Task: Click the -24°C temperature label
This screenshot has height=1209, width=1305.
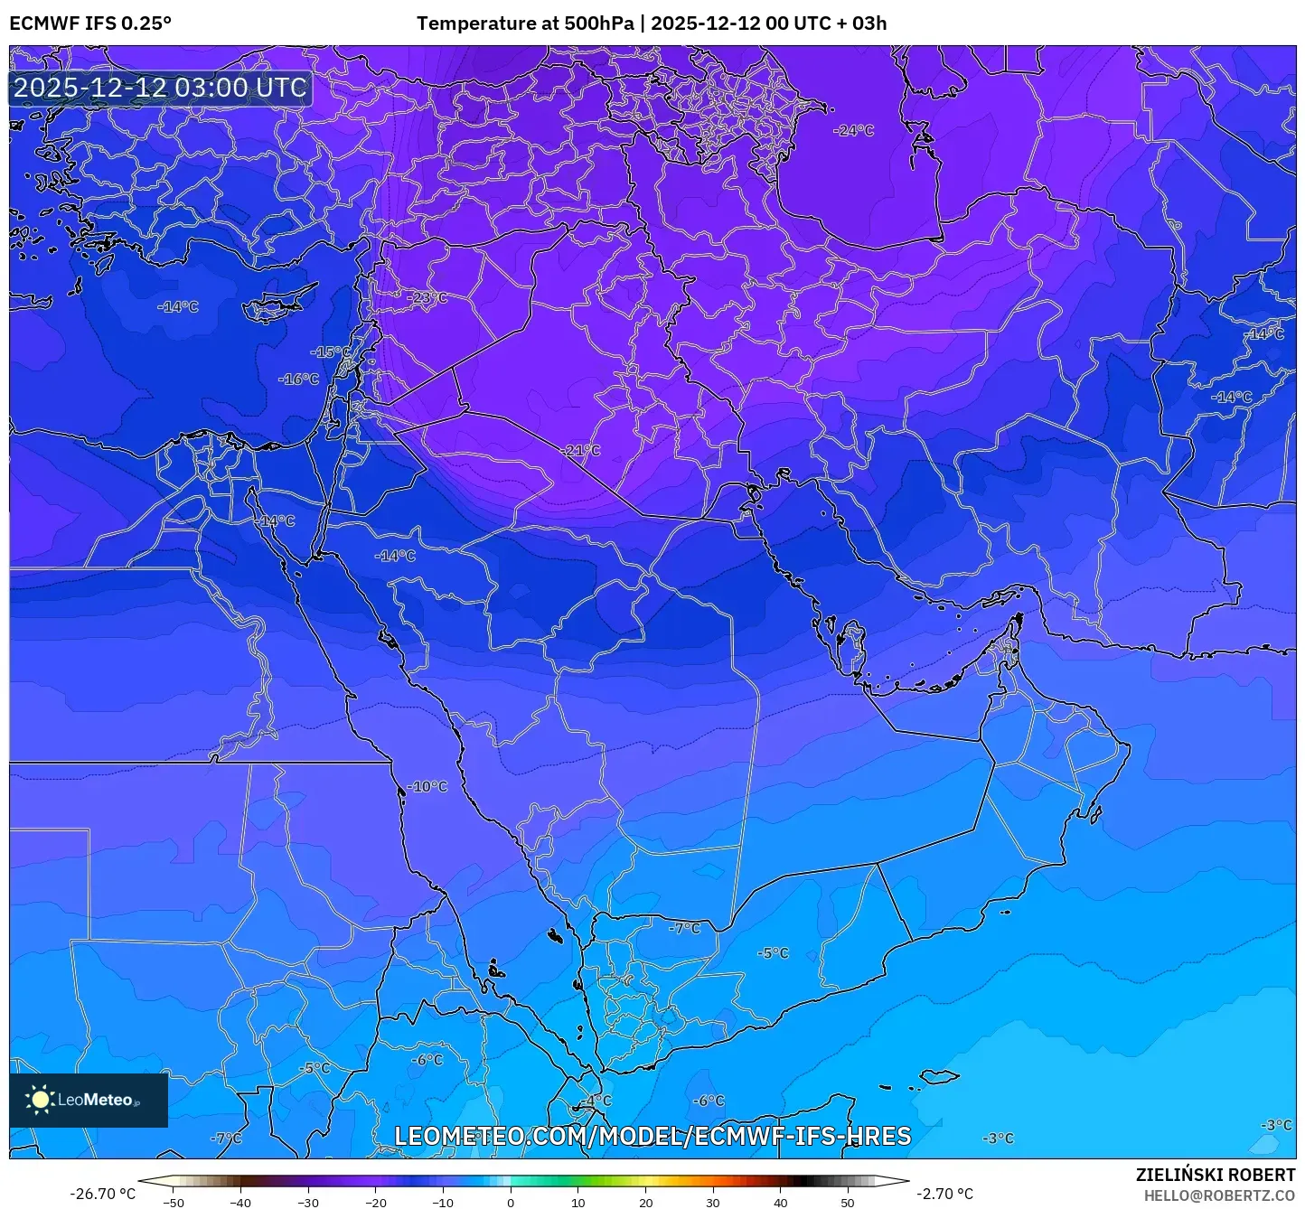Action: (x=854, y=130)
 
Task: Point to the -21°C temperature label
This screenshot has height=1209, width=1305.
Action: (x=580, y=450)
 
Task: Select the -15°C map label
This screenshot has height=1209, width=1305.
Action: (x=331, y=351)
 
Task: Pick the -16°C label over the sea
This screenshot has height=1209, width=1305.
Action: (x=298, y=380)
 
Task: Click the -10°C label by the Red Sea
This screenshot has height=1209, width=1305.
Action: (x=427, y=786)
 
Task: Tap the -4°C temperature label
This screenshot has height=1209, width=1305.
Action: (x=596, y=1101)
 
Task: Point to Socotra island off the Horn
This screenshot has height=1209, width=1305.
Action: (x=940, y=1076)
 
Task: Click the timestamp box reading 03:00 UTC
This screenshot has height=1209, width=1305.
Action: (x=161, y=88)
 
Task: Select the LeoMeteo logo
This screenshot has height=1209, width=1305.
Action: (x=89, y=1100)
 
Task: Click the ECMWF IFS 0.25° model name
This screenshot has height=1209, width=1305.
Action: (x=90, y=23)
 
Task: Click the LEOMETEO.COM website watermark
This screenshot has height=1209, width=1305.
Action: (x=652, y=1136)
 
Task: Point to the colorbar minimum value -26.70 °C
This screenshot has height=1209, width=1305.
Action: (x=102, y=1194)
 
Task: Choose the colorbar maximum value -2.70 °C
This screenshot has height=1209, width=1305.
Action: (x=945, y=1194)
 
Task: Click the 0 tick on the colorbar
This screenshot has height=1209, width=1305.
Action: (x=511, y=1202)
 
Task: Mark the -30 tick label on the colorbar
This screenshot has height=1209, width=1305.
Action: (x=307, y=1202)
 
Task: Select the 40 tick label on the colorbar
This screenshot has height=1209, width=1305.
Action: (x=780, y=1202)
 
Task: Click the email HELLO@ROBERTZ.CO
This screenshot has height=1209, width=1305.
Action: (x=1219, y=1195)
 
